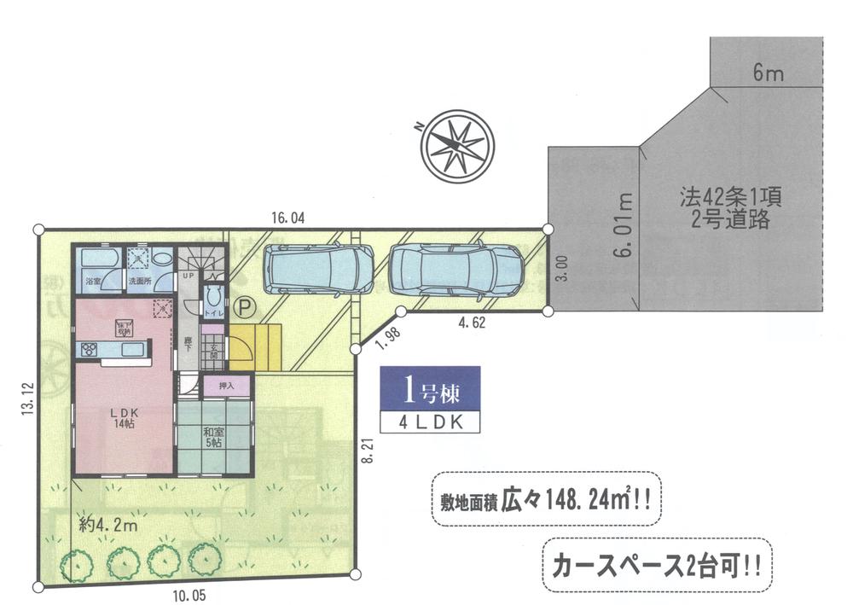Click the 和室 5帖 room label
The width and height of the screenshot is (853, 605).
point(213,438)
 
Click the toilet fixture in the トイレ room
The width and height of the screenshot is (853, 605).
point(213,299)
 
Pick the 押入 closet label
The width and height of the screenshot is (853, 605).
point(226,387)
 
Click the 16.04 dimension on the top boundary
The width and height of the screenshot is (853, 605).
point(288,218)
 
